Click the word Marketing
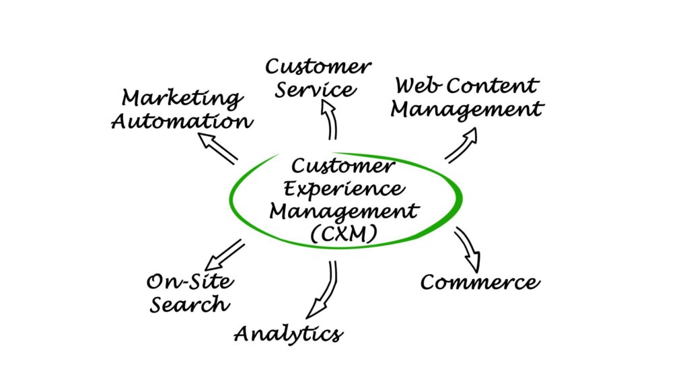182,98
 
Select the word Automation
182,122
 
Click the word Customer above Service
318,67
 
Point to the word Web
417,86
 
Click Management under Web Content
467,109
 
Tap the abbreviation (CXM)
343,233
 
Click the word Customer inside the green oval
342,166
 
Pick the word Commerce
480,282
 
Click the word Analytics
289,333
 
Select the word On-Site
190,281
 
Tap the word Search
189,304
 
